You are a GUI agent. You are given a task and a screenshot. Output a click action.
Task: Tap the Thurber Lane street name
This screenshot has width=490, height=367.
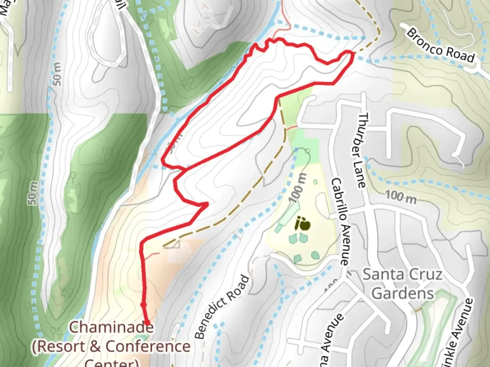[361, 150]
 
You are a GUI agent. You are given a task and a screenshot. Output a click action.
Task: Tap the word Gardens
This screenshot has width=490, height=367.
[403, 293]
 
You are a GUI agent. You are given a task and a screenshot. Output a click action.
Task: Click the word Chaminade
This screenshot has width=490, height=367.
[112, 327]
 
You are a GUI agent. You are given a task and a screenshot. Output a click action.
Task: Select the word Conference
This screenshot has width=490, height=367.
[148, 347]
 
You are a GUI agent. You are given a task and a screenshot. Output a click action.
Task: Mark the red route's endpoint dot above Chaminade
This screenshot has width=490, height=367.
[147, 322]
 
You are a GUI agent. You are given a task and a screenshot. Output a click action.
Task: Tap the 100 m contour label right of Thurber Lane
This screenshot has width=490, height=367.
[401, 197]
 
